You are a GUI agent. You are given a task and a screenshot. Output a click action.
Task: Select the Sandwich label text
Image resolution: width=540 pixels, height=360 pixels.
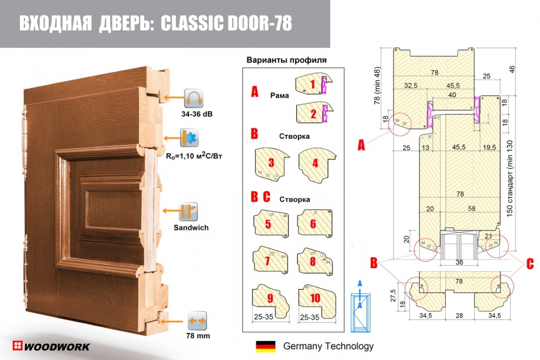(190, 228)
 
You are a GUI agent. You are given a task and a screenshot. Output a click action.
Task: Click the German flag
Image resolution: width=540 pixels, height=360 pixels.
(265, 346)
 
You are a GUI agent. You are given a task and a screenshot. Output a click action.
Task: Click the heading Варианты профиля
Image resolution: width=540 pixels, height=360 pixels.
(287, 60)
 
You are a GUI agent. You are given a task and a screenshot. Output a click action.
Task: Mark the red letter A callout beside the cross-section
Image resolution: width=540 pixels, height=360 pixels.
(361, 144)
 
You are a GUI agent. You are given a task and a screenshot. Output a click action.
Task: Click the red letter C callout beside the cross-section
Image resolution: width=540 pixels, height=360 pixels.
(529, 262)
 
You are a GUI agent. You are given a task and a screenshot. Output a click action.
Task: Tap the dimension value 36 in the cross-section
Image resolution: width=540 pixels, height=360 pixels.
(460, 262)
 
